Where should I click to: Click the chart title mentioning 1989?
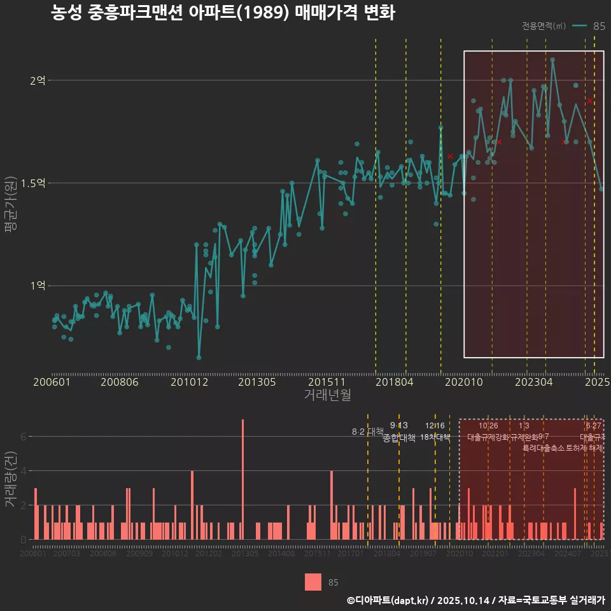[x=223, y=13]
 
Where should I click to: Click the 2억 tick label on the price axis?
[x=37, y=80]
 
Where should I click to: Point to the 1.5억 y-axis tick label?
[x=33, y=183]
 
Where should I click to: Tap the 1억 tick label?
[x=37, y=286]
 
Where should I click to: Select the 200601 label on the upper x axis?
[x=52, y=383]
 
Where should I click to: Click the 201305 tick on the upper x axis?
[x=256, y=383]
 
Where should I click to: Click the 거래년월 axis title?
[x=327, y=395]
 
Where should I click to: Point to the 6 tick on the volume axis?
[x=24, y=437]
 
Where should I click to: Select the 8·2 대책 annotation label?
[x=367, y=432]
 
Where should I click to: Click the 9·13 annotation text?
[x=399, y=426]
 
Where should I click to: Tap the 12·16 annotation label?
[x=435, y=426]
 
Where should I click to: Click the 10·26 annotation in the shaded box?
[x=488, y=426]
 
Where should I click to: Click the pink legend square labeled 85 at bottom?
[x=313, y=582]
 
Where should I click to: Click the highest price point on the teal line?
[x=552, y=59]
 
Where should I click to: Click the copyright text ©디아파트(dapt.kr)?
[x=388, y=600]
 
